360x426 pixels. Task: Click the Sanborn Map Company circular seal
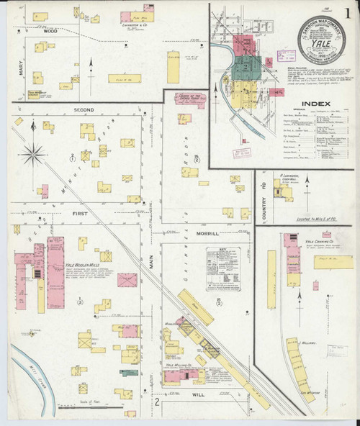321,40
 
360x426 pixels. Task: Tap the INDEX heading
315,104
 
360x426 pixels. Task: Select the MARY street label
22,68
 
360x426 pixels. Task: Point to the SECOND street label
84,110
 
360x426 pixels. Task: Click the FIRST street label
79,214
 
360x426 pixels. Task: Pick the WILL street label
198,395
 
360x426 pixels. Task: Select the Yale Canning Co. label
317,235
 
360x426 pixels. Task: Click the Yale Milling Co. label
179,366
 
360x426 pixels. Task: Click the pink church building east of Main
190,100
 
